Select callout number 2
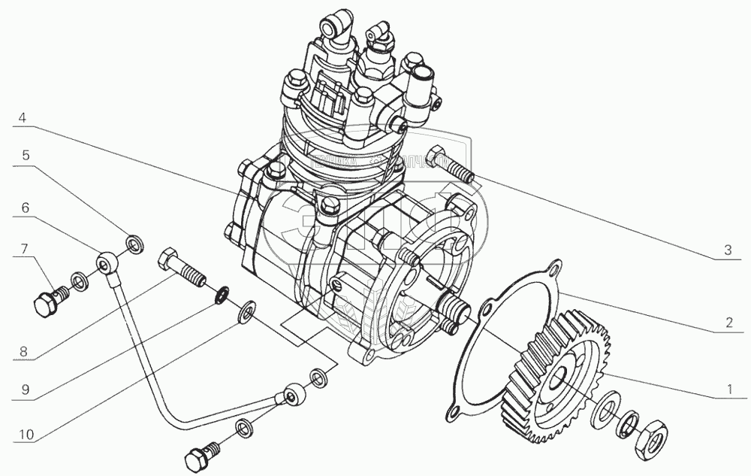(726, 324)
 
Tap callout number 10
(24, 435)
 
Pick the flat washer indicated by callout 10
(246, 311)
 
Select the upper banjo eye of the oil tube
(105, 264)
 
